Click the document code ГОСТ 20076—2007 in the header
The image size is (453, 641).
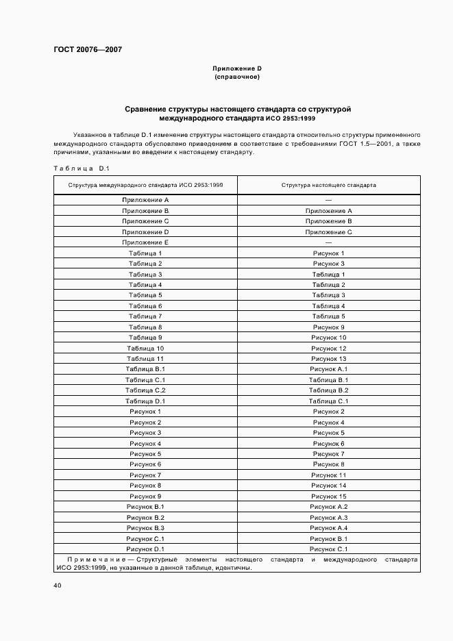pos(88,50)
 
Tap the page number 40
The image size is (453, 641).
pos(58,586)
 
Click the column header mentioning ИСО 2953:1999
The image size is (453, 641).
pos(145,185)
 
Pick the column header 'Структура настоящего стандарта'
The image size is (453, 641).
pos(328,185)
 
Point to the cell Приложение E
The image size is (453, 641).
pos(145,242)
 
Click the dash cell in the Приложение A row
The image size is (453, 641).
pos(328,200)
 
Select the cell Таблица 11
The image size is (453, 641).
pos(145,359)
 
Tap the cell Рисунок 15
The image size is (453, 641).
pos(328,497)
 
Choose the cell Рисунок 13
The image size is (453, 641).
pos(328,359)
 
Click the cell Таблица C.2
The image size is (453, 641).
pos(145,390)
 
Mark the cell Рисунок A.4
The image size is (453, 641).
pos(328,528)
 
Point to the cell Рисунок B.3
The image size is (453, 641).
pos(145,528)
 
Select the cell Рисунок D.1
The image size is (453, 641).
pos(145,549)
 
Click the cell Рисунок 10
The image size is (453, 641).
pos(328,338)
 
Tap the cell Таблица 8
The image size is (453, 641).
pos(145,327)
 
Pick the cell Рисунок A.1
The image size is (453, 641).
pos(328,369)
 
